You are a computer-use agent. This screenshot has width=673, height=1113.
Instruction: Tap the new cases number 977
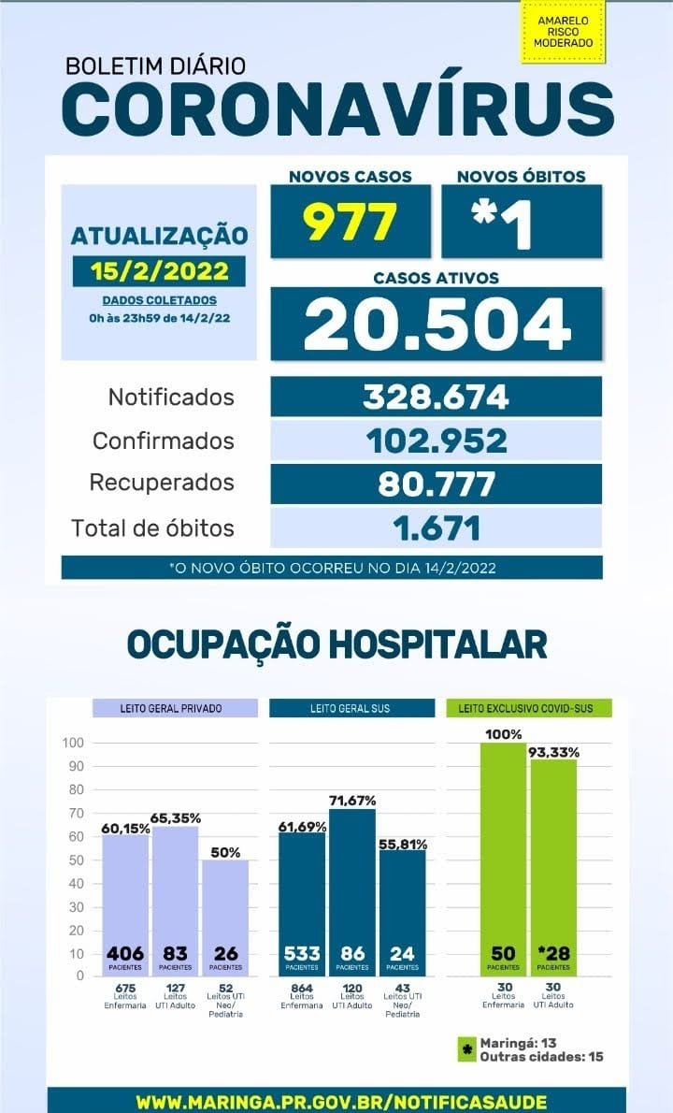click(351, 221)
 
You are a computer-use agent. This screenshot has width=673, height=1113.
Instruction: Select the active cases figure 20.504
click(437, 324)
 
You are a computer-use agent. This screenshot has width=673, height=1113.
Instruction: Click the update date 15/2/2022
click(160, 271)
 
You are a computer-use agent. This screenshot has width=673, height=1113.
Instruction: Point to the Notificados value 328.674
click(436, 397)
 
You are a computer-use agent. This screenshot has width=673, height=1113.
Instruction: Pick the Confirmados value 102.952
click(436, 441)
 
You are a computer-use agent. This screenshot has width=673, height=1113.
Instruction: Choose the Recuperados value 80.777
click(436, 484)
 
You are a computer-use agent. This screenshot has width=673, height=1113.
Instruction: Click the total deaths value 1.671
click(436, 528)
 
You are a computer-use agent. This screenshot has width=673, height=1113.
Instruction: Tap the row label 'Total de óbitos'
click(152, 528)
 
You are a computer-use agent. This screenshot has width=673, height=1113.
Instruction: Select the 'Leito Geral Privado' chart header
click(175, 708)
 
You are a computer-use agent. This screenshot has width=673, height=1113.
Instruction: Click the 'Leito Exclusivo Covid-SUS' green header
click(529, 708)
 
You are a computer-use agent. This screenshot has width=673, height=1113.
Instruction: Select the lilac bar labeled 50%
click(225, 907)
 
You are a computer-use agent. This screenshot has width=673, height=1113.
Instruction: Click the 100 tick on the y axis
click(73, 743)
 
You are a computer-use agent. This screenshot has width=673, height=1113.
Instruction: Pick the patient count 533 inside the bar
click(302, 954)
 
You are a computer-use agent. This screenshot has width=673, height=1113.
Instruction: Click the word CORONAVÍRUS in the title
click(337, 109)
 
